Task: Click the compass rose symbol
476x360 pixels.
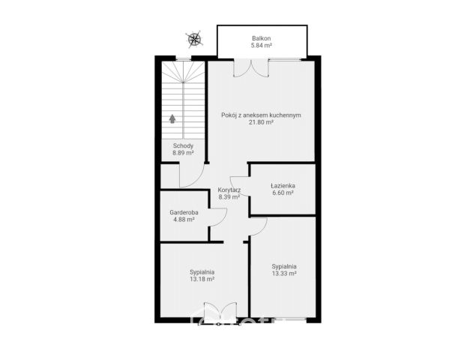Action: click(x=194, y=39)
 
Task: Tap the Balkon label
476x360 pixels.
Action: click(x=262, y=38)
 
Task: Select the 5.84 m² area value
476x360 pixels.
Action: click(x=261, y=46)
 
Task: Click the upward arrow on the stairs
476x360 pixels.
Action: click(x=172, y=118)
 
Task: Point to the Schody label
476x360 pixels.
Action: click(x=183, y=145)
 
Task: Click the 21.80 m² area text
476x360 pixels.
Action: click(x=261, y=122)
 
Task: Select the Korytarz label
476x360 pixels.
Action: click(x=229, y=190)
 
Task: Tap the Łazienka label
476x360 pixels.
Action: click(x=283, y=185)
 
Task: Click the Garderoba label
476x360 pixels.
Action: click(x=184, y=212)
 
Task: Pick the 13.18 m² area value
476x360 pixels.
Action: click(x=202, y=279)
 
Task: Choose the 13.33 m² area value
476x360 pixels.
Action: click(x=284, y=274)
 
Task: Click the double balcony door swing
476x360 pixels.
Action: click(x=251, y=68)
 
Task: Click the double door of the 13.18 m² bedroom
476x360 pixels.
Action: click(x=220, y=311)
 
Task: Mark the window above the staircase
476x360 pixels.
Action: click(x=184, y=59)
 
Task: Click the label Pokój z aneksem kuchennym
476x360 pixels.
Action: click(x=261, y=115)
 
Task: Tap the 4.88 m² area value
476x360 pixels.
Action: click(x=184, y=219)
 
